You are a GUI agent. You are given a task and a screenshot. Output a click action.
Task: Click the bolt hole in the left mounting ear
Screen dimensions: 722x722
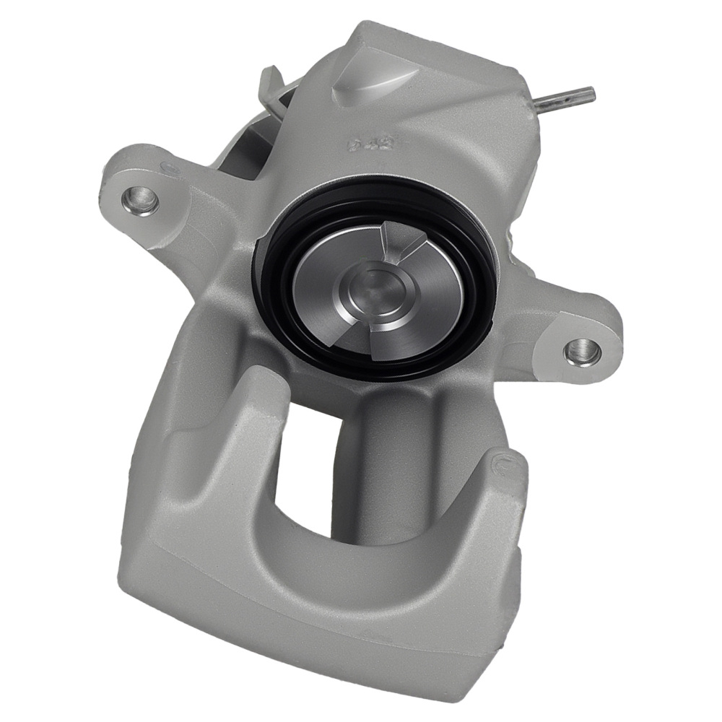point(142,199)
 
